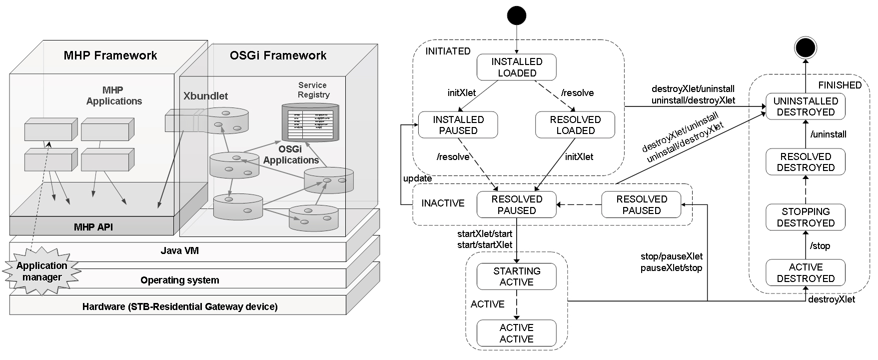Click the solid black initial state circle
click(x=517, y=15)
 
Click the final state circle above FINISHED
click(x=806, y=48)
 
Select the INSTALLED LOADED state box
click(x=517, y=67)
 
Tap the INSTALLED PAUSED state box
click(x=458, y=125)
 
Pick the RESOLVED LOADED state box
click(x=575, y=125)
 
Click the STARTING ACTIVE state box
click(x=517, y=276)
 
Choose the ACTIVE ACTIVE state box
click(x=517, y=333)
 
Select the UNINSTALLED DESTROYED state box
click(x=806, y=106)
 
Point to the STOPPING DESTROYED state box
click(x=806, y=217)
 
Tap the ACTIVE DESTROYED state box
click(x=806, y=272)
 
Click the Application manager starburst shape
click(x=42, y=271)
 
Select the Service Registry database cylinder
click(x=310, y=122)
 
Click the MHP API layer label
click(x=94, y=226)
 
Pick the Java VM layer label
click(x=179, y=250)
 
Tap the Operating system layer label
click(x=179, y=280)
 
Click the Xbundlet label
click(x=205, y=96)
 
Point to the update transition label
click(x=417, y=178)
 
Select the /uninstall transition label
click(x=828, y=134)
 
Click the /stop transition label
click(x=820, y=245)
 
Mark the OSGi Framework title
click(x=278, y=55)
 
